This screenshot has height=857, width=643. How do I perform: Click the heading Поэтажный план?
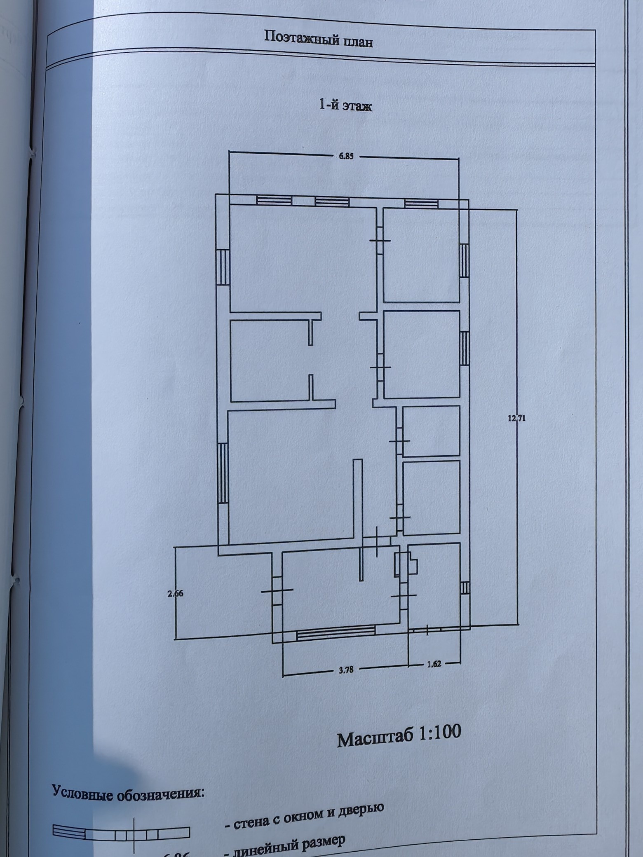(x=318, y=39)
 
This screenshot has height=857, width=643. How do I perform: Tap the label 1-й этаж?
(x=345, y=105)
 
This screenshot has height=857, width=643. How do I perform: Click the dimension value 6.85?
(x=346, y=156)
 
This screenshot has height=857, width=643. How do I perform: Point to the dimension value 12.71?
(x=516, y=419)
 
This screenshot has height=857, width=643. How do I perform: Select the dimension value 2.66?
(x=175, y=594)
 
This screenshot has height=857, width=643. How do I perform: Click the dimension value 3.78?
(x=346, y=670)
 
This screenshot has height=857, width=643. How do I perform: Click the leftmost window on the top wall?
(x=274, y=200)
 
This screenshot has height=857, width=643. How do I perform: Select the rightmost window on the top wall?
(x=421, y=203)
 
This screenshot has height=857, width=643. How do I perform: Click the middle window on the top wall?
(x=332, y=201)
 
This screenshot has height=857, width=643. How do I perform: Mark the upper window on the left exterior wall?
(x=223, y=267)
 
